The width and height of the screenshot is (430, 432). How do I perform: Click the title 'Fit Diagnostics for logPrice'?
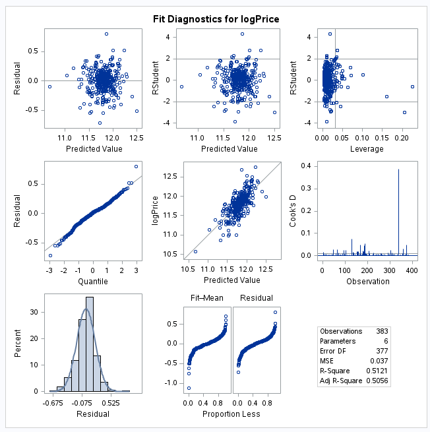tap(216, 19)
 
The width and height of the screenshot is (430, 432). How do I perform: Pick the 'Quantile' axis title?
tap(93, 281)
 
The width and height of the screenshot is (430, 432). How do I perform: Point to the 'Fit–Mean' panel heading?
tap(208, 297)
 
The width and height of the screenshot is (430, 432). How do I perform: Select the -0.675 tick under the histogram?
tap(54, 402)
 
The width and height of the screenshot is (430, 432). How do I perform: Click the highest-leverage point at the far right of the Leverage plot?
tap(412, 86)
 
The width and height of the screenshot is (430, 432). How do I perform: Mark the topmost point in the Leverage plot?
tap(330, 34)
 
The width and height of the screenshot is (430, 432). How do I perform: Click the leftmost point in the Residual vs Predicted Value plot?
tap(49, 86)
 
